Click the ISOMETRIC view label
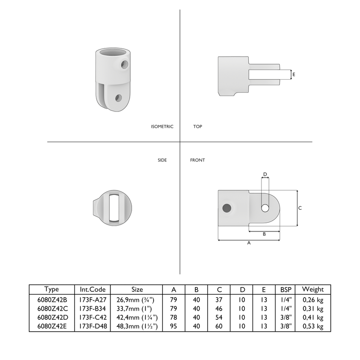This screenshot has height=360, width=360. pyautogui.click(x=162, y=127)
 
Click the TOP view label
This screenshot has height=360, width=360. pyautogui.click(x=197, y=127)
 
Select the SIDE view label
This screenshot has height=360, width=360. pyautogui.click(x=162, y=160)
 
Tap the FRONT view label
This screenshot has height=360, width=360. pyautogui.click(x=197, y=160)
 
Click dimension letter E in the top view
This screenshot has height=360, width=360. pyautogui.click(x=294, y=75)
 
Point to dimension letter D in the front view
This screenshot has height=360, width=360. pyautogui.click(x=264, y=174)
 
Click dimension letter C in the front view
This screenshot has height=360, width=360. pyautogui.click(x=300, y=208)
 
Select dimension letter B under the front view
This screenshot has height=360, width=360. pyautogui.click(x=264, y=234)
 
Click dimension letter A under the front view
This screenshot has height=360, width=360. pyautogui.click(x=249, y=243)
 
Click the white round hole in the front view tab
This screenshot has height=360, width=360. pyautogui.click(x=264, y=208)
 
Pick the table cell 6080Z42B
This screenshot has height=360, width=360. pyautogui.click(x=52, y=299)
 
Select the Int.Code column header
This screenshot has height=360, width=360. pyautogui.click(x=92, y=289)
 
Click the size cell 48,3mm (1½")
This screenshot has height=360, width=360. pyautogui.click(x=137, y=326)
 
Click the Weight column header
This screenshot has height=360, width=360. pyautogui.click(x=312, y=289)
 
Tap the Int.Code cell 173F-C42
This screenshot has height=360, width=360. pyautogui.click(x=92, y=317)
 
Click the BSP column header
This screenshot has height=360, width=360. pyautogui.click(x=286, y=289)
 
